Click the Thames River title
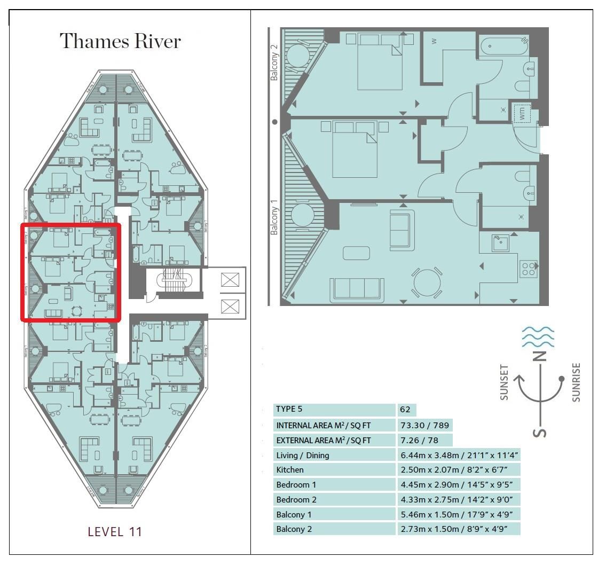[x=120, y=42]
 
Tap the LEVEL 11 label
[x=115, y=531]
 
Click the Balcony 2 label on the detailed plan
[x=274, y=62]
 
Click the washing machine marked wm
[x=523, y=113]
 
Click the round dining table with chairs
[x=428, y=282]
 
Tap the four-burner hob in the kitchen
[x=529, y=269]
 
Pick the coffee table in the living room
[x=356, y=253]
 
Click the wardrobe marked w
[x=434, y=41]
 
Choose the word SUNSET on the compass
[x=504, y=382]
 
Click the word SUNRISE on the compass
[x=576, y=382]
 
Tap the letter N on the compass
[x=541, y=357]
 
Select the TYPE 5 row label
[x=289, y=410]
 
